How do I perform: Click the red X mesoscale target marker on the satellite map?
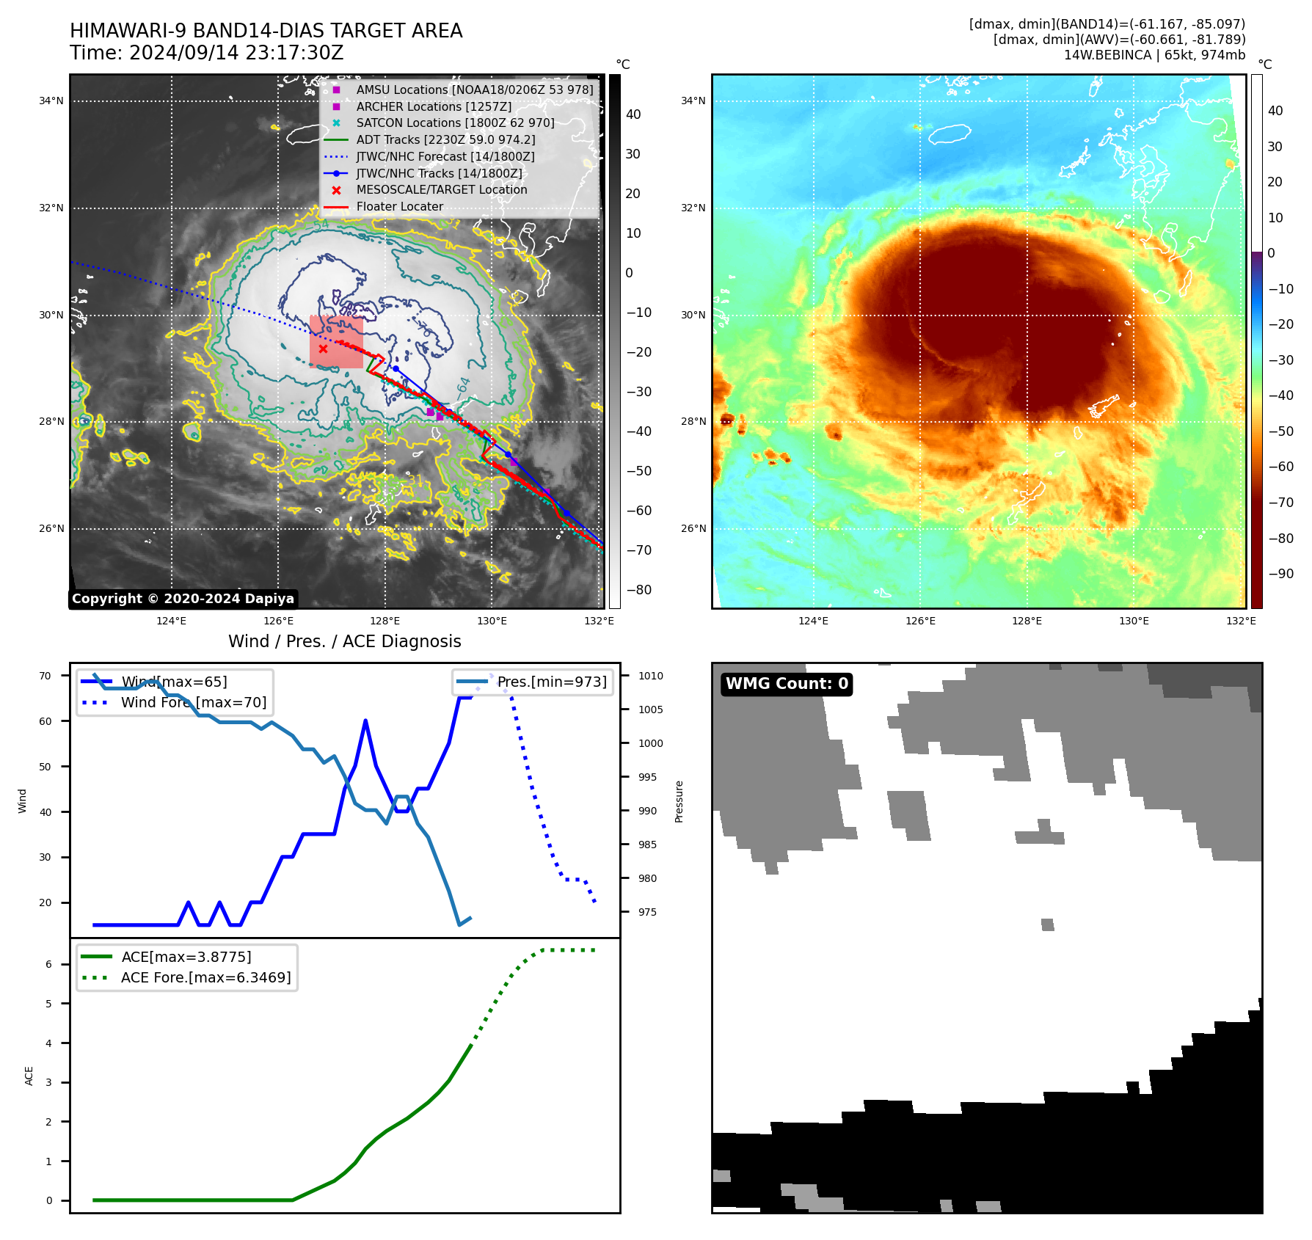tap(323, 349)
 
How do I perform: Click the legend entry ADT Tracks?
tap(445, 139)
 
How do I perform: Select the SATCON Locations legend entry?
tap(455, 123)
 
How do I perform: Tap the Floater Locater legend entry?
tap(399, 206)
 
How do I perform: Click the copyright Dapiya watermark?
tap(183, 599)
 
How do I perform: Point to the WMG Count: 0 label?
tap(787, 684)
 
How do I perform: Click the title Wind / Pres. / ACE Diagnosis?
tap(344, 641)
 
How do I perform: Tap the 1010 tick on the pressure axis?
tap(650, 676)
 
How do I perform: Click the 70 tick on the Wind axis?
tap(45, 676)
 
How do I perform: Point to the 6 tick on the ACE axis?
tap(49, 964)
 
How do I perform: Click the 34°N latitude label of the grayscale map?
tap(51, 101)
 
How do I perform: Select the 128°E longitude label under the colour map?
tap(1027, 621)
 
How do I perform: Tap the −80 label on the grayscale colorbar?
tap(639, 590)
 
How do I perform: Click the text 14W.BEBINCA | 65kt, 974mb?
tap(1154, 55)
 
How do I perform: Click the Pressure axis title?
tap(679, 801)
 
